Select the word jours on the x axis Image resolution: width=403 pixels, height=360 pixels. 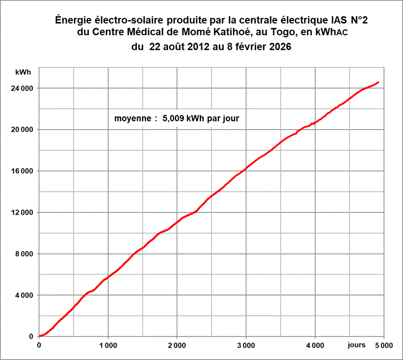pyautogui.click(x=357, y=344)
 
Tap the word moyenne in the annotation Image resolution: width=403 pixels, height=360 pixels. pyautogui.click(x=132, y=118)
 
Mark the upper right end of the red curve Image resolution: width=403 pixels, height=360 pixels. pyautogui.click(x=378, y=82)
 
